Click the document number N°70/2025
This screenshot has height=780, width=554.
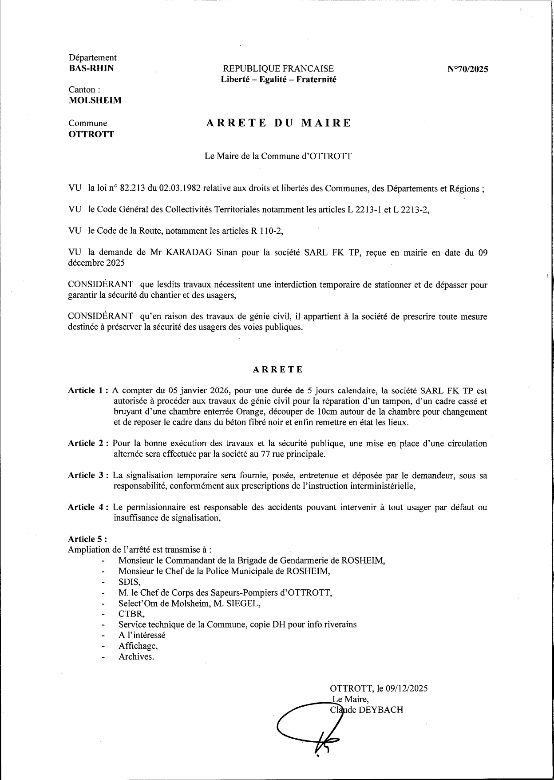tap(467, 69)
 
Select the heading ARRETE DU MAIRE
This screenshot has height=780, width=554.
tap(278, 123)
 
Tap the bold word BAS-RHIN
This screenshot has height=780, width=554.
tap(91, 68)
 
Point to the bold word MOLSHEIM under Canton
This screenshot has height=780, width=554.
tap(95, 100)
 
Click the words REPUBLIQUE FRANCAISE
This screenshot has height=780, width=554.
tap(278, 69)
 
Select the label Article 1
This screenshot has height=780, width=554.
tap(87, 391)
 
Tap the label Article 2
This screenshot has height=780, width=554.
tap(87, 443)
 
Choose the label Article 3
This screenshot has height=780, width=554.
tap(87, 475)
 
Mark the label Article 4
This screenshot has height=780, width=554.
tap(87, 507)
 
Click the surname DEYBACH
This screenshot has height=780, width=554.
tap(382, 710)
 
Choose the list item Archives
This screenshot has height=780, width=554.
tap(136, 656)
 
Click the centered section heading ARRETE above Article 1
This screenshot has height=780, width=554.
tap(278, 369)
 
